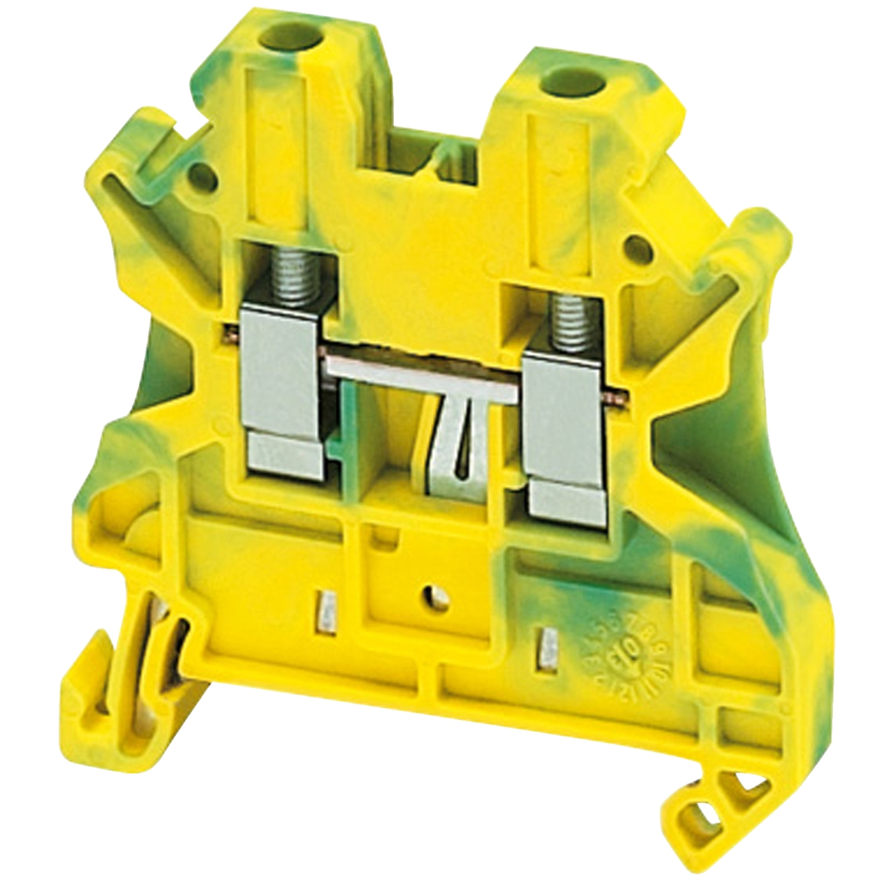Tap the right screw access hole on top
pyautogui.click(x=573, y=83)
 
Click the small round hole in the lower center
pyautogui.click(x=438, y=598)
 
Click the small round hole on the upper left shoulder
pyautogui.click(x=203, y=178)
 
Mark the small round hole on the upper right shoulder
pyautogui.click(x=637, y=249)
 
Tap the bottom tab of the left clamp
pyautogui.click(x=285, y=454)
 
